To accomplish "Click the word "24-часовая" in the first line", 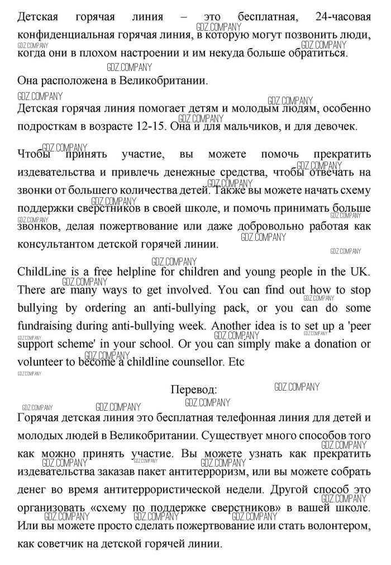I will coord(342,17).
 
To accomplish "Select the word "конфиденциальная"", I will coord(66,35).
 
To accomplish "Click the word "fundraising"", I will coord(45,326).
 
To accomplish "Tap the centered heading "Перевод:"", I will coord(193,390).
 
